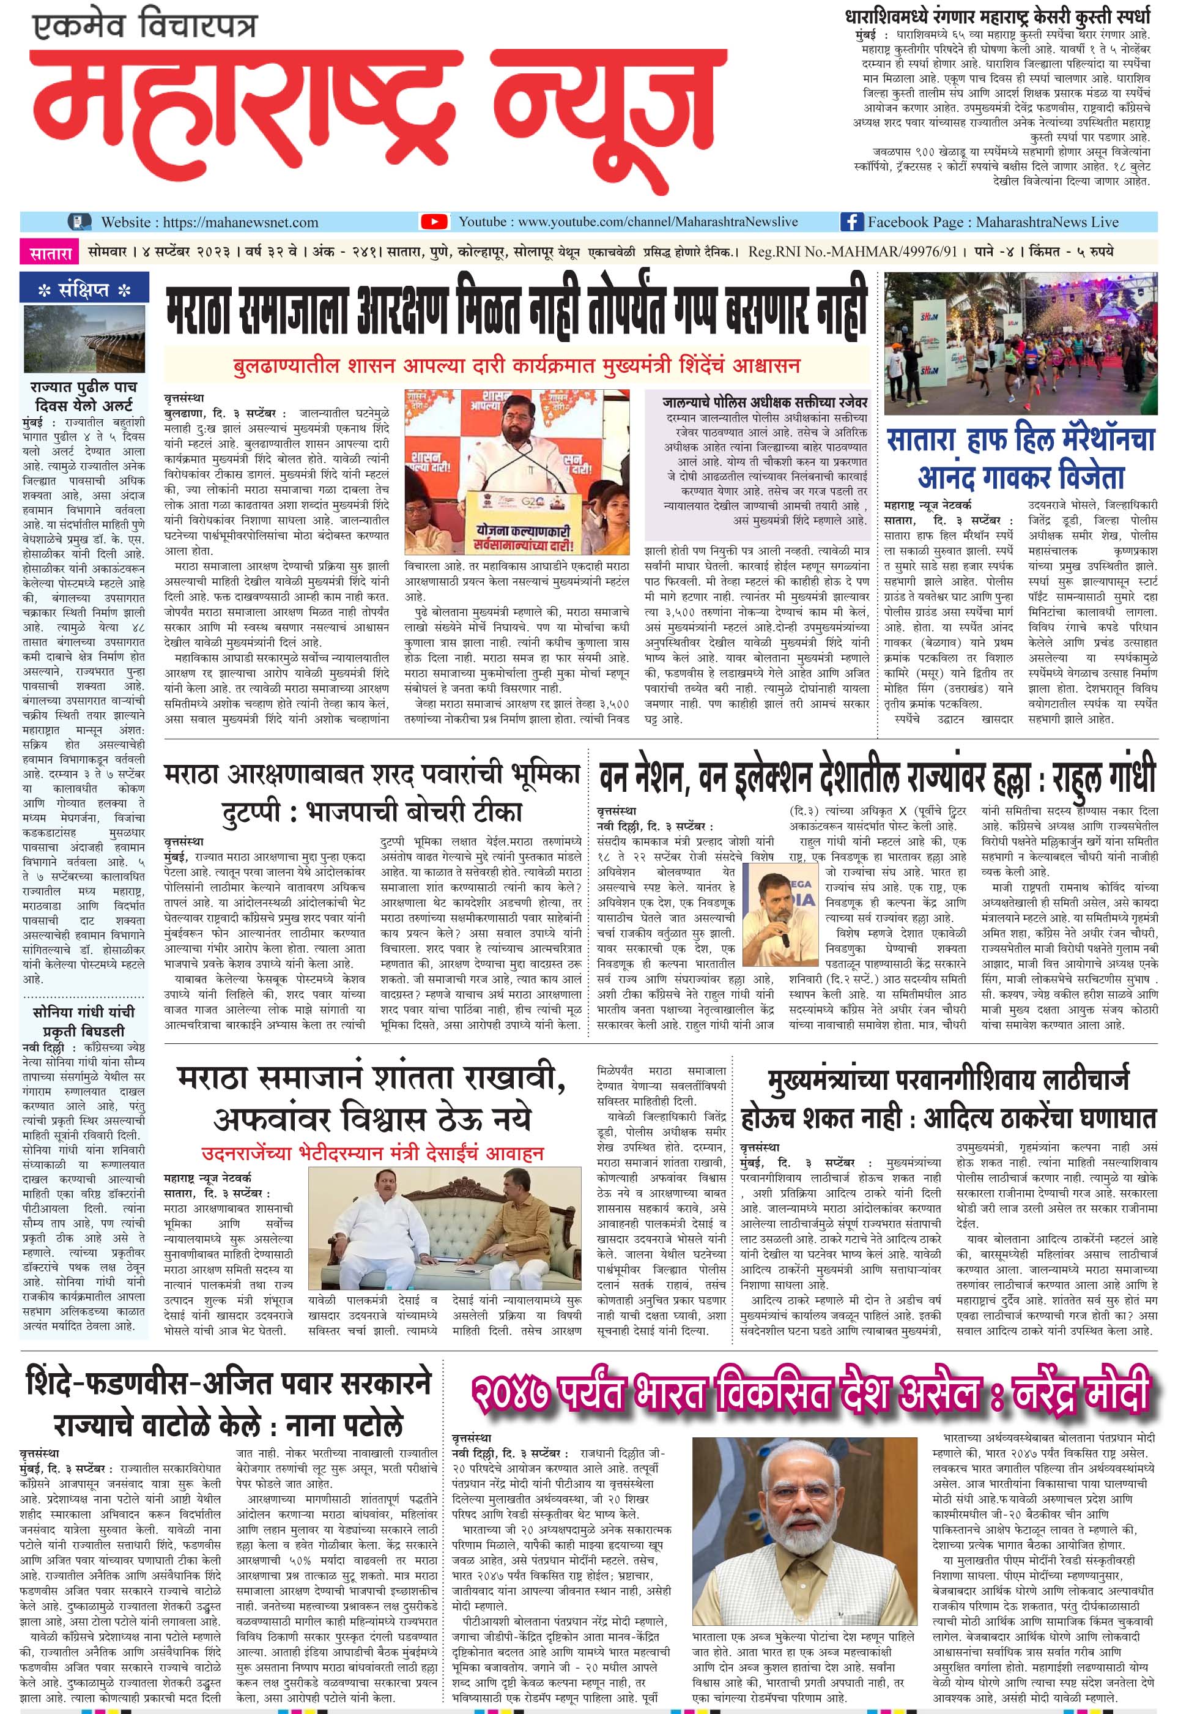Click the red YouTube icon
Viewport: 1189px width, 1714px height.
[434, 222]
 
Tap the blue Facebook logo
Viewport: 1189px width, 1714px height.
[851, 222]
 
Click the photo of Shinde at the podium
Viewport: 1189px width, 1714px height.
[516, 471]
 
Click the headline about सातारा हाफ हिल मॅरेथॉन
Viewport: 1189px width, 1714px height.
[1021, 458]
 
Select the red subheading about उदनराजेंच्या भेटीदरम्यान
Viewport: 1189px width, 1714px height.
[372, 1153]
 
